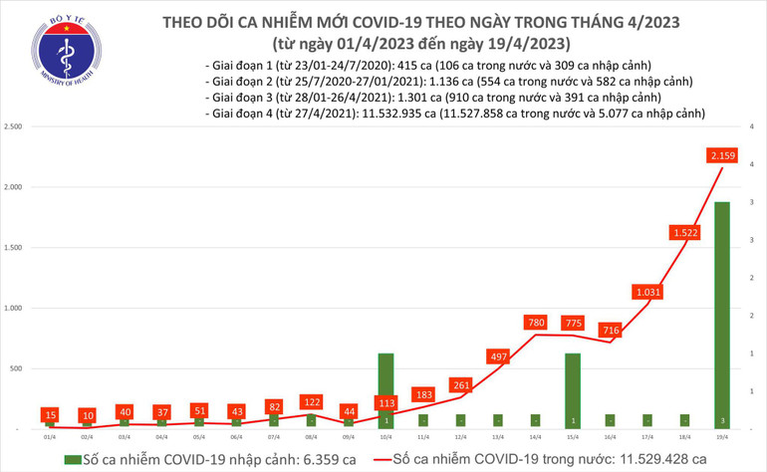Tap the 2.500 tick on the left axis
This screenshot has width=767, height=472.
(x=14, y=127)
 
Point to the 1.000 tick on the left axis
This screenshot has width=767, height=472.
(x=14, y=309)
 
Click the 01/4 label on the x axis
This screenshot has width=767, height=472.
(x=49, y=436)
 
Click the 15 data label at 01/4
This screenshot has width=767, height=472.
(x=49, y=413)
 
